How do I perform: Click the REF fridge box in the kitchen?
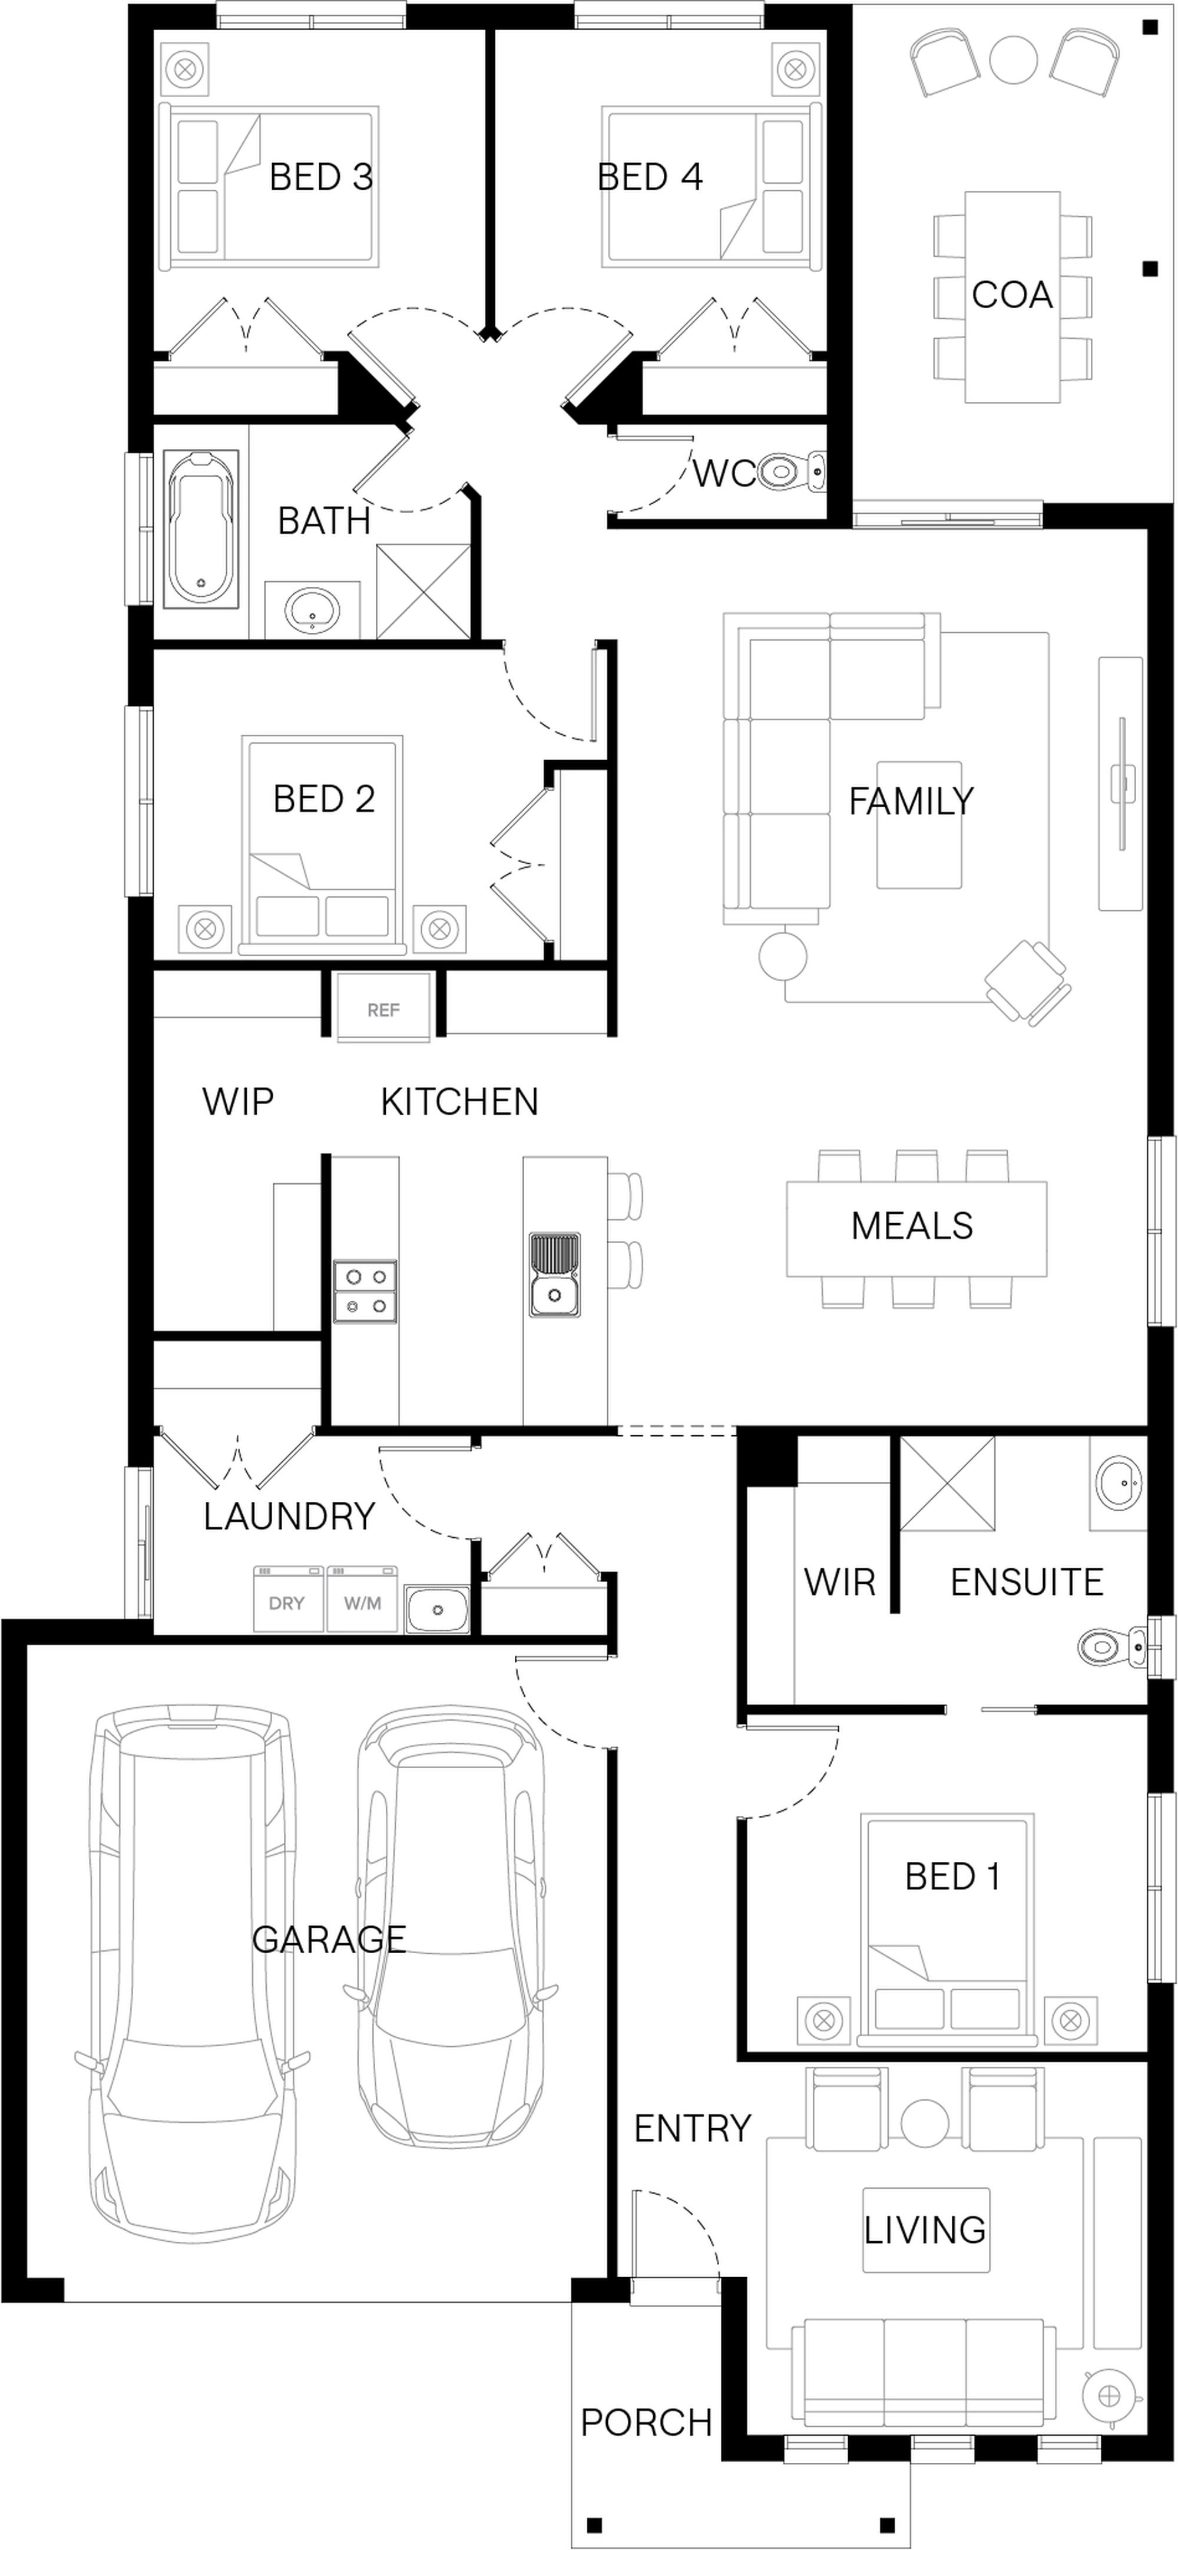pyautogui.click(x=383, y=1008)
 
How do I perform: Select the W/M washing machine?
pyautogui.click(x=362, y=1598)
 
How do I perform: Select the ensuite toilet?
pyautogui.click(x=1111, y=1647)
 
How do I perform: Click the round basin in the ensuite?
pyautogui.click(x=1119, y=1480)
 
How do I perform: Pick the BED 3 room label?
pyautogui.click(x=321, y=177)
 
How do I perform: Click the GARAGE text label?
pyautogui.click(x=329, y=1938)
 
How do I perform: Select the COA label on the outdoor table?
pyautogui.click(x=1012, y=295)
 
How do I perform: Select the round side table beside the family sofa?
pyautogui.click(x=783, y=956)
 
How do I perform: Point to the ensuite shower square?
pyautogui.click(x=947, y=1483)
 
